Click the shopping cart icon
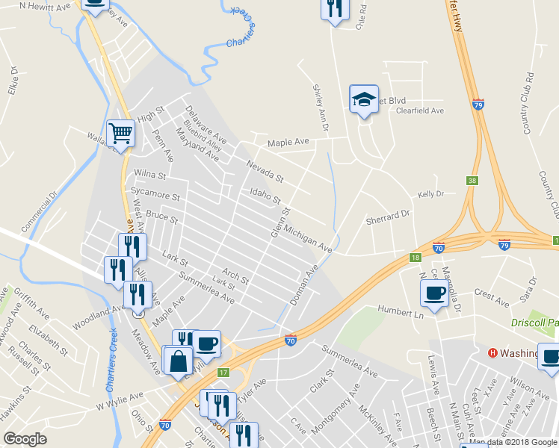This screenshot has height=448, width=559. pyautogui.click(x=120, y=134)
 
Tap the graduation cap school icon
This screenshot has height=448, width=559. pyautogui.click(x=362, y=99)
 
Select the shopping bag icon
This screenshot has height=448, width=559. pyautogui.click(x=179, y=361)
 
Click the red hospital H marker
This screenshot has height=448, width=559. pyautogui.click(x=492, y=353)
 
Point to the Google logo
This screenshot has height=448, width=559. pyautogui.click(x=25, y=439)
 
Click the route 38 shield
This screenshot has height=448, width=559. pyautogui.click(x=472, y=180)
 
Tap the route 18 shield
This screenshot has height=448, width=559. pyautogui.click(x=415, y=258)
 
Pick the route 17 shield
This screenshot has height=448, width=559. pyautogui.click(x=223, y=372)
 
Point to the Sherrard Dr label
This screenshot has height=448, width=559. pyautogui.click(x=388, y=217)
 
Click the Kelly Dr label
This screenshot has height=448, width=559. pyautogui.click(x=431, y=194)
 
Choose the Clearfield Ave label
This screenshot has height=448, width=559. pyautogui.click(x=420, y=111)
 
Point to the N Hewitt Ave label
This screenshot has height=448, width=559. pyautogui.click(x=44, y=5)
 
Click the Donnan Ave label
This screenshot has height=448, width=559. pyautogui.click(x=306, y=279)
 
